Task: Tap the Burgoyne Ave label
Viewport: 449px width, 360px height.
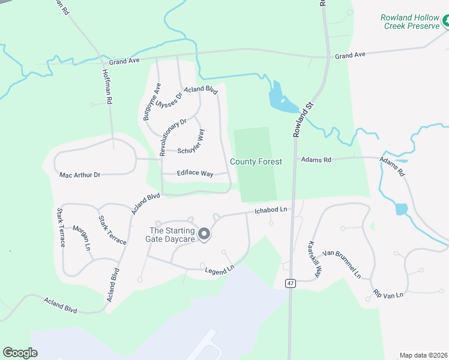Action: coord(148,102)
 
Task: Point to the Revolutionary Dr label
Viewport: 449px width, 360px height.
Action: coord(173,134)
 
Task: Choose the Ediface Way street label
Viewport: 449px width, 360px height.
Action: coord(195,173)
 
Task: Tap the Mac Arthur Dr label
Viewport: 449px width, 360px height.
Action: coord(80,175)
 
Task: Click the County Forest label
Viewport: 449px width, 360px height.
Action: coord(256,162)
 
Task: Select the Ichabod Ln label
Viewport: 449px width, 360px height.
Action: coord(271,211)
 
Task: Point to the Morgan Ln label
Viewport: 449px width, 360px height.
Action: coord(82,238)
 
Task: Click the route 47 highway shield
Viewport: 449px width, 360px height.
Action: coord(291,283)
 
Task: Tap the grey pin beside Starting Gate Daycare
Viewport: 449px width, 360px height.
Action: coord(204,234)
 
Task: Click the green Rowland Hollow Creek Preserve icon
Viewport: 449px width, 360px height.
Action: coord(445,22)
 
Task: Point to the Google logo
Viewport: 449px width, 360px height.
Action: coord(20,353)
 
